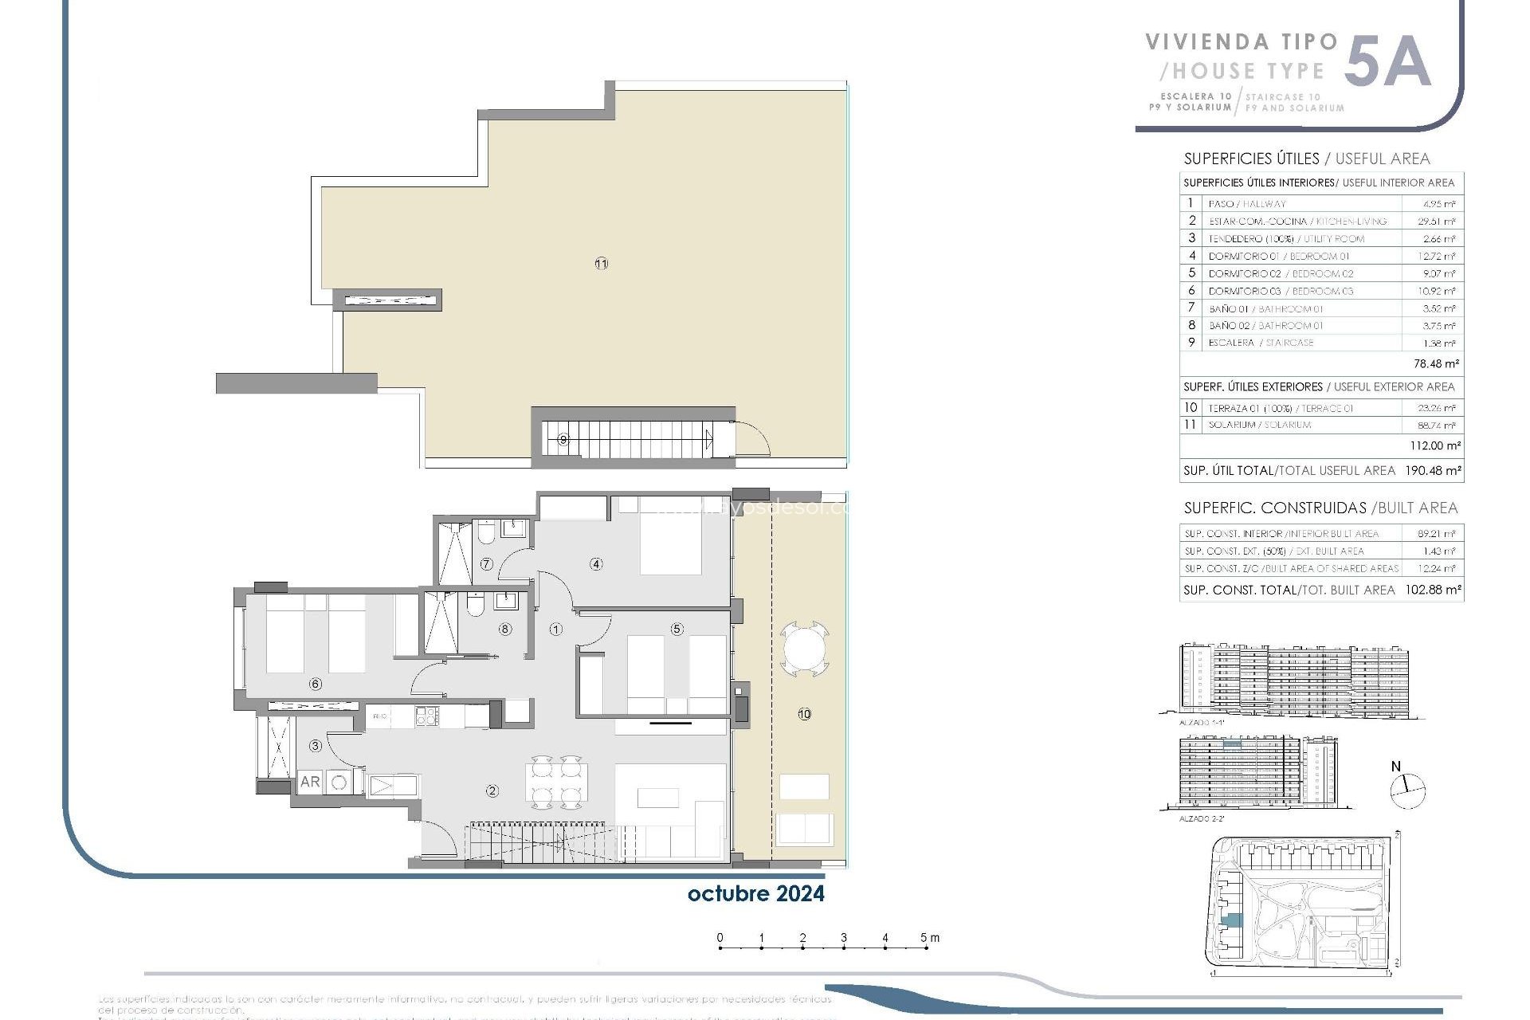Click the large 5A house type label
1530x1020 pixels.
coord(1387,62)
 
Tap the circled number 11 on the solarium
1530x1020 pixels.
coord(601,264)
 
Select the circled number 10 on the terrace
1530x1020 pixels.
coord(804,714)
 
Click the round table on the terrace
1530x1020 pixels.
coord(805,649)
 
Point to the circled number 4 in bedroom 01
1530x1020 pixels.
coord(596,564)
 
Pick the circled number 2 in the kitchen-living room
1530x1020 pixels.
coord(492,790)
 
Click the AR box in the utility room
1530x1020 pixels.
coord(310,782)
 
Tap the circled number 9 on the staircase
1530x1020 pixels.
coord(563,439)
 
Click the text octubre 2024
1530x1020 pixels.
coord(755,893)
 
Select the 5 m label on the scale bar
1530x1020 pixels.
coord(929,937)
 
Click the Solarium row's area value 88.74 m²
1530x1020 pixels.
coord(1439,425)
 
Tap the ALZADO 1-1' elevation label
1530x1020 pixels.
coord(1202,722)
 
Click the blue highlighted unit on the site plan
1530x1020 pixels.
coord(1231,920)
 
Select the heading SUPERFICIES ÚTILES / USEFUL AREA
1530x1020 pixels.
coord(1307,159)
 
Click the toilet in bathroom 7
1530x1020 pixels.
coord(487,533)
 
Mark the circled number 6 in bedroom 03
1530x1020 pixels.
coord(316,684)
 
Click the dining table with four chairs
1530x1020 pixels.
coord(556,782)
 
